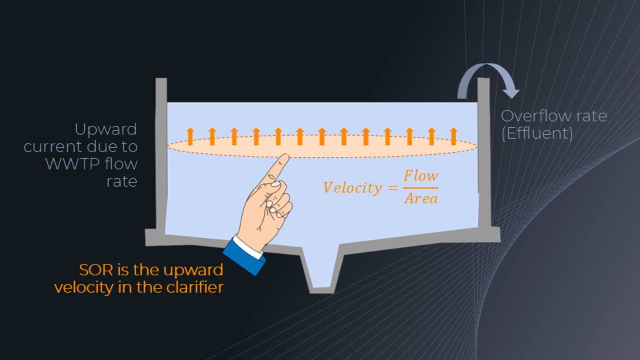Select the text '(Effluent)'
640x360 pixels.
coord(537,133)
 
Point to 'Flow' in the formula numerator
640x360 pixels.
coord(421,176)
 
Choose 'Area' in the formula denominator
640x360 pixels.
coord(421,199)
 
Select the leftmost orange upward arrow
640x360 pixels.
coord(190,136)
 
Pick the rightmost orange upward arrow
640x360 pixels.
coord(453,136)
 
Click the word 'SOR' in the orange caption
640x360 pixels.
coord(95,270)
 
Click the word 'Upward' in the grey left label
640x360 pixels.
coord(105,129)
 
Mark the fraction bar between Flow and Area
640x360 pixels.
coord(421,188)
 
